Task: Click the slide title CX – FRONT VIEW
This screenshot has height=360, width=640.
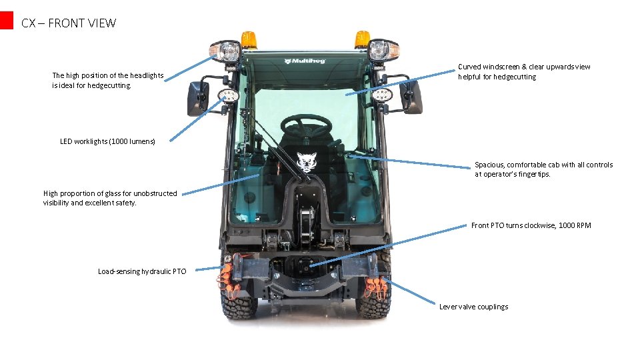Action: pyautogui.click(x=68, y=23)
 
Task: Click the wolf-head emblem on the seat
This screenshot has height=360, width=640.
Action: pyautogui.click(x=306, y=162)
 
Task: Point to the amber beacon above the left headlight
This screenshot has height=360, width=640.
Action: pyautogui.click(x=249, y=39)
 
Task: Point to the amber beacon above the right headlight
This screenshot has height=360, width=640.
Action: pyautogui.click(x=362, y=39)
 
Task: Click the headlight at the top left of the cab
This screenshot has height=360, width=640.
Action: pyautogui.click(x=227, y=51)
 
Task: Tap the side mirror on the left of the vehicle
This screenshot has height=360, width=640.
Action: pyautogui.click(x=197, y=98)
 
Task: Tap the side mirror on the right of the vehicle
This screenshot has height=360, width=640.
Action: pyautogui.click(x=412, y=97)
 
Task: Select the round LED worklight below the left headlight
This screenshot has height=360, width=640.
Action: pyautogui.click(x=229, y=96)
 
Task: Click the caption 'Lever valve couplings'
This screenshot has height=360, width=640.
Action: pyautogui.click(x=473, y=307)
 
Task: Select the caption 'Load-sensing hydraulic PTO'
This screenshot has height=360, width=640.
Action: pyautogui.click(x=142, y=271)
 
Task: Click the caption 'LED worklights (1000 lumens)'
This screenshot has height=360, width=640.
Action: pyautogui.click(x=107, y=141)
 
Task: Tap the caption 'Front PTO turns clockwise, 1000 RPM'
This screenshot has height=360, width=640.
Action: pyautogui.click(x=531, y=225)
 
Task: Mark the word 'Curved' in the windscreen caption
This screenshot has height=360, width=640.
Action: pyautogui.click(x=470, y=67)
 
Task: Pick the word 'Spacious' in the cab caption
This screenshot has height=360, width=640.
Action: pyautogui.click(x=489, y=165)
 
